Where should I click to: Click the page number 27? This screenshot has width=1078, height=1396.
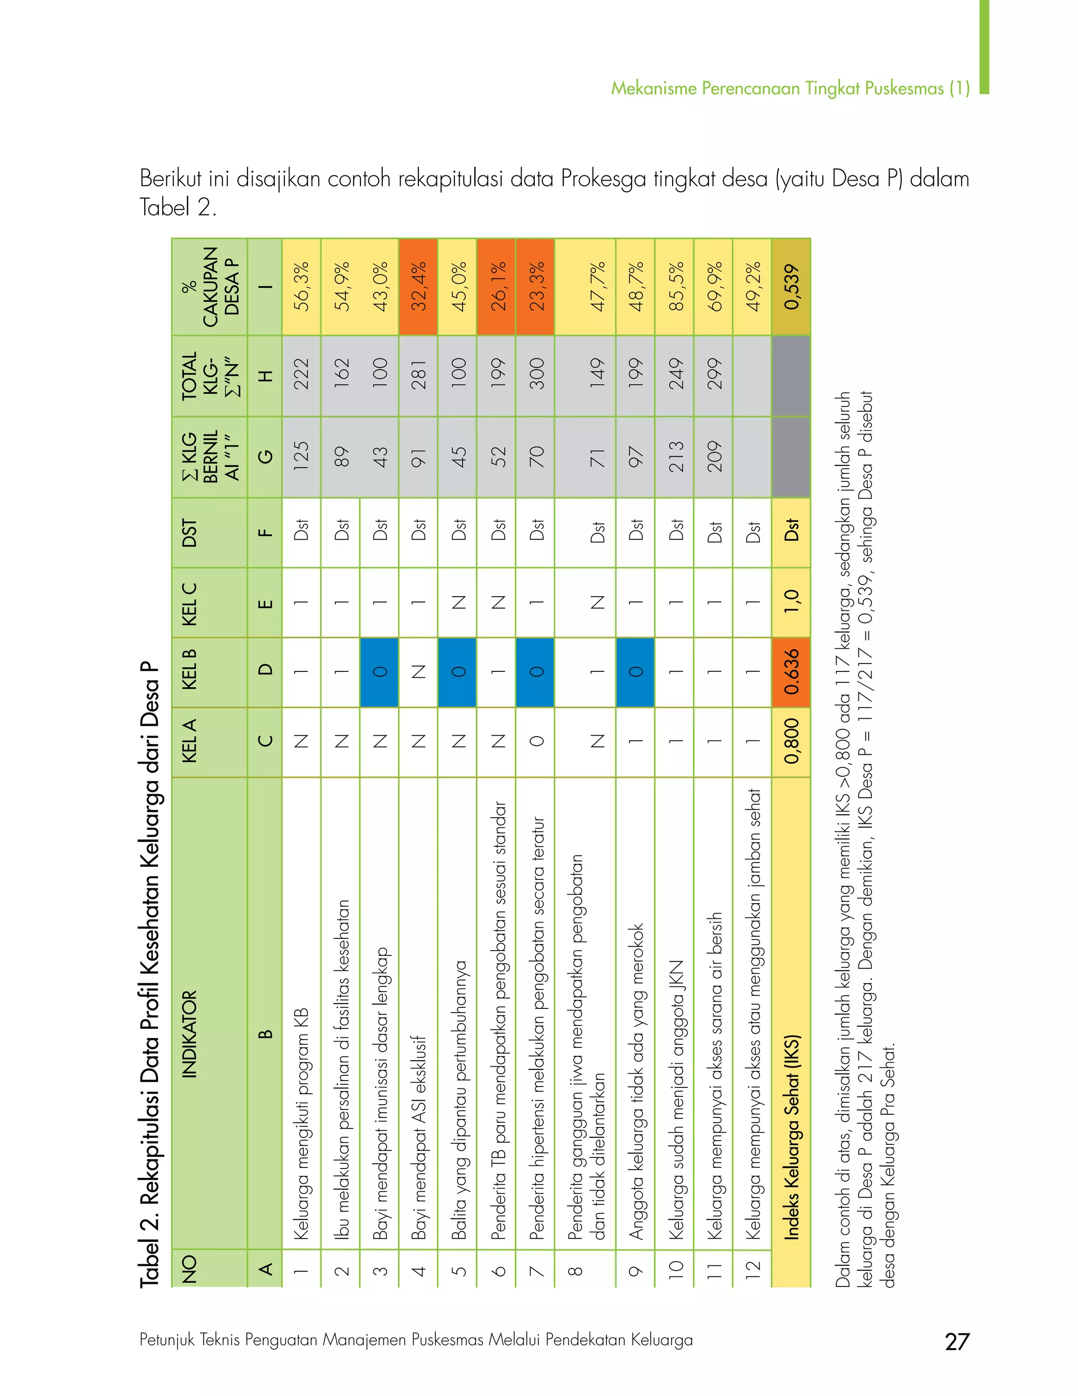coord(956,1341)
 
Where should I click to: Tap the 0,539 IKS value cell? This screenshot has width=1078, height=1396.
coord(791,287)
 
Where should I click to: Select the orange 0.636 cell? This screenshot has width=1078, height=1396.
coord(791,671)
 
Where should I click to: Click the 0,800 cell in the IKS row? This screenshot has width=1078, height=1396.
coord(791,741)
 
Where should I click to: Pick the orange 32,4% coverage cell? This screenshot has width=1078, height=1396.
coord(418,287)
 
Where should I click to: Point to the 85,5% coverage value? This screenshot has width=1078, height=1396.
coord(675,287)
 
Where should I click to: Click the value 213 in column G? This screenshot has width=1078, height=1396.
coord(675,457)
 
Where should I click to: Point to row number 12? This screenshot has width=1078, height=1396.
coord(752,1268)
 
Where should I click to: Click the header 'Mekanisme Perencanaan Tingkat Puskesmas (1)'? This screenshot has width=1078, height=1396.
coord(790,88)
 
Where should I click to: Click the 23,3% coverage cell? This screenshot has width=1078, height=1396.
coord(535,287)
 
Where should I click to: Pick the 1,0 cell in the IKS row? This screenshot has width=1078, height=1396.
coord(791,602)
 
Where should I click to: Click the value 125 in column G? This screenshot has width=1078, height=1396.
coord(301,457)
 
